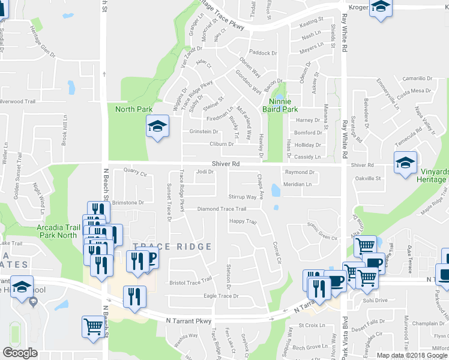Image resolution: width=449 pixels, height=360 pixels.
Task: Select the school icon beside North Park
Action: point(157,127)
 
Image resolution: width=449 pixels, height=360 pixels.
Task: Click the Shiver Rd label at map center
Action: point(226,163)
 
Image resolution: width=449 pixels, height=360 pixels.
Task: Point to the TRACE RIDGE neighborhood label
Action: point(172,247)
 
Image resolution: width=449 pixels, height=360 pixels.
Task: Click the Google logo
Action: point(20,353)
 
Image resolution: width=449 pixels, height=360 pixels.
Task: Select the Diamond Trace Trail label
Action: point(222,209)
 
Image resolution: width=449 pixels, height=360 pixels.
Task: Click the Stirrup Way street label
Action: point(242,197)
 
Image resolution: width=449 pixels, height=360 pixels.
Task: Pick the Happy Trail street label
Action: point(243,222)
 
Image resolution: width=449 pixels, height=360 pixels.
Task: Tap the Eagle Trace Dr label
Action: point(221,296)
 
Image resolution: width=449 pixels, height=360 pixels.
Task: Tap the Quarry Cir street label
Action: point(135,172)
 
